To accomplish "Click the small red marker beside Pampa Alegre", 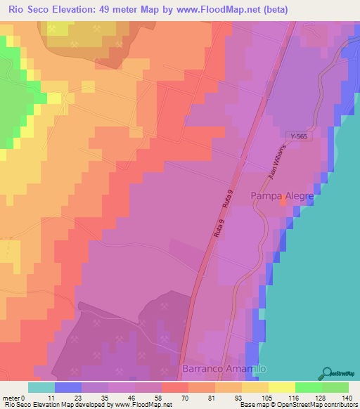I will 283,202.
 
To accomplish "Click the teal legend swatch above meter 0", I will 41,387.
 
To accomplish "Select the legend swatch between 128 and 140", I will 335,387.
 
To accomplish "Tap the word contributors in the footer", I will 340,405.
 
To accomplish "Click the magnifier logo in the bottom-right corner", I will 328,373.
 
